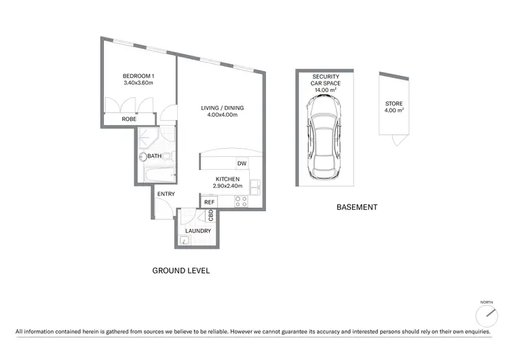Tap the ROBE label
(x=129, y=119)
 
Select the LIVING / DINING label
(x=222, y=108)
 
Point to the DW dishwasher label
(x=242, y=163)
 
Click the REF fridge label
(x=209, y=202)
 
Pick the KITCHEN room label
(x=223, y=179)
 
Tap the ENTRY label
(x=166, y=194)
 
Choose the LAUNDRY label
(x=198, y=231)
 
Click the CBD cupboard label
(x=211, y=215)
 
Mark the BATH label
(x=155, y=156)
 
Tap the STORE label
(x=394, y=104)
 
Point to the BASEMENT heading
(x=356, y=207)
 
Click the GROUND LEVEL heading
(x=181, y=270)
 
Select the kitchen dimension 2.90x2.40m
(x=224, y=186)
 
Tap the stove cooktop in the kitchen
(x=242, y=202)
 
